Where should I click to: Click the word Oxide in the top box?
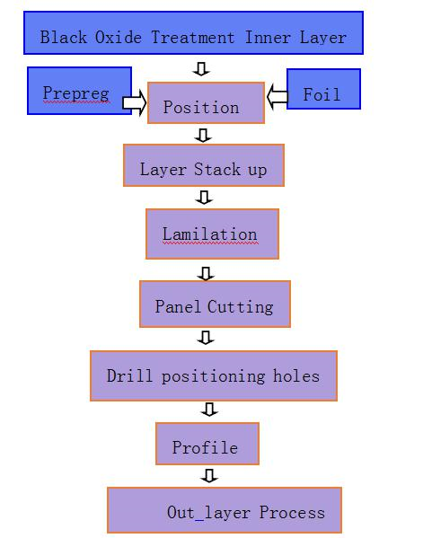click(x=118, y=37)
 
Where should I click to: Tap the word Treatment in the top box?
click(x=193, y=37)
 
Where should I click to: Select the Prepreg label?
click(x=76, y=93)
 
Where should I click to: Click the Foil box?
click(x=323, y=89)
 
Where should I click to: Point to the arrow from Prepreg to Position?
click(x=135, y=102)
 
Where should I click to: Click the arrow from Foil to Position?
click(x=278, y=97)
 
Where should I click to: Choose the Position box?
click(x=206, y=102)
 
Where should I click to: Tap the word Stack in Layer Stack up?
click(x=217, y=169)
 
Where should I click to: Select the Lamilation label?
click(x=209, y=234)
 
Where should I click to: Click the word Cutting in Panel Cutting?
click(x=241, y=307)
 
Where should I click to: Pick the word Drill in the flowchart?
click(x=129, y=375)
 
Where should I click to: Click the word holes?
click(x=296, y=376)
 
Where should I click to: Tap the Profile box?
click(x=207, y=444)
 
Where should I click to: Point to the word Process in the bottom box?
click(x=292, y=513)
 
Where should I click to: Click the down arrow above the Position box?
click(x=201, y=68)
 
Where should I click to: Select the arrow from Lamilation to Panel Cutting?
click(x=206, y=273)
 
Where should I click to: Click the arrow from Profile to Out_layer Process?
click(x=209, y=475)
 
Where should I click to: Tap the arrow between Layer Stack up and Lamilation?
click(x=204, y=198)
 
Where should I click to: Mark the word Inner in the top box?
click(x=268, y=37)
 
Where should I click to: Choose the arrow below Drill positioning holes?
click(x=209, y=409)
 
